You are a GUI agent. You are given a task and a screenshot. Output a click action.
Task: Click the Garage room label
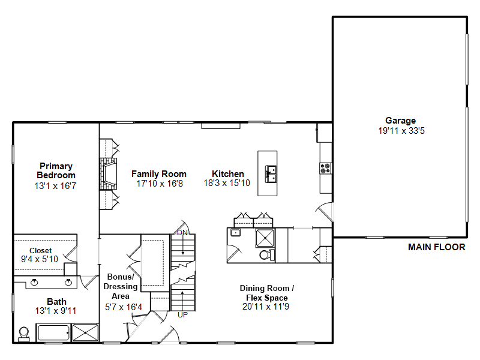coord(400,121)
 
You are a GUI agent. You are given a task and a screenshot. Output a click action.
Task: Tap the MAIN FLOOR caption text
coord(437,247)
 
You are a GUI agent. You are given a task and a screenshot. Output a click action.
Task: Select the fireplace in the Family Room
coord(108,174)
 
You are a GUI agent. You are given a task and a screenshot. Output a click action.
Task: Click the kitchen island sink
coord(271,174)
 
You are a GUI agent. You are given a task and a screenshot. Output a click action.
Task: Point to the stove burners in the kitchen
coord(325,169)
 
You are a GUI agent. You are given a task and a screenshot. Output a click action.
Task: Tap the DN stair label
coord(182,233)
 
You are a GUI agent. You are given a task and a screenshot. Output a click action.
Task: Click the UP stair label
coord(183,315)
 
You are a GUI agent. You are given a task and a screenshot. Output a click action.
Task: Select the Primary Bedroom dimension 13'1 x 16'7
coord(55,186)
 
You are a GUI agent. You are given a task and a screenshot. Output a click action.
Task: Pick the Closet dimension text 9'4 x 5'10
coord(40,259)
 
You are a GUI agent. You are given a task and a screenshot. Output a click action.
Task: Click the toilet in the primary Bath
coord(24,334)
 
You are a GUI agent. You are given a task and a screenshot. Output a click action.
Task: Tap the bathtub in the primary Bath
coord(53,333)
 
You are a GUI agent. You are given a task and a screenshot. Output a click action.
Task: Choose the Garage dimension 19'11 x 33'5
coord(401,131)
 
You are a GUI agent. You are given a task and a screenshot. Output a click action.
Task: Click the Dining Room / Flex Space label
coord(267,293)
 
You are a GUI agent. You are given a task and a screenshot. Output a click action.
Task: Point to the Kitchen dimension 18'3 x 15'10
coord(227,183)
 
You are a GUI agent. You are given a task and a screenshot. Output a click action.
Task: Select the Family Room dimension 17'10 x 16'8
coord(160,184)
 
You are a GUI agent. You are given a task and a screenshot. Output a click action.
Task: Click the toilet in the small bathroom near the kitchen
coord(266,254)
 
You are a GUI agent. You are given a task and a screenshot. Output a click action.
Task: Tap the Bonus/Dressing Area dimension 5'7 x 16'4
coord(124,307)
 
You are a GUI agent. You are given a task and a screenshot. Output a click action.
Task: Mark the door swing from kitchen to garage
coord(325,212)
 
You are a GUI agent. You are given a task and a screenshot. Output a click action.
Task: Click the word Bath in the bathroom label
coord(56,302)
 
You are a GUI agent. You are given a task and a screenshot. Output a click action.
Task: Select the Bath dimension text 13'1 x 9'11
coord(56,311)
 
